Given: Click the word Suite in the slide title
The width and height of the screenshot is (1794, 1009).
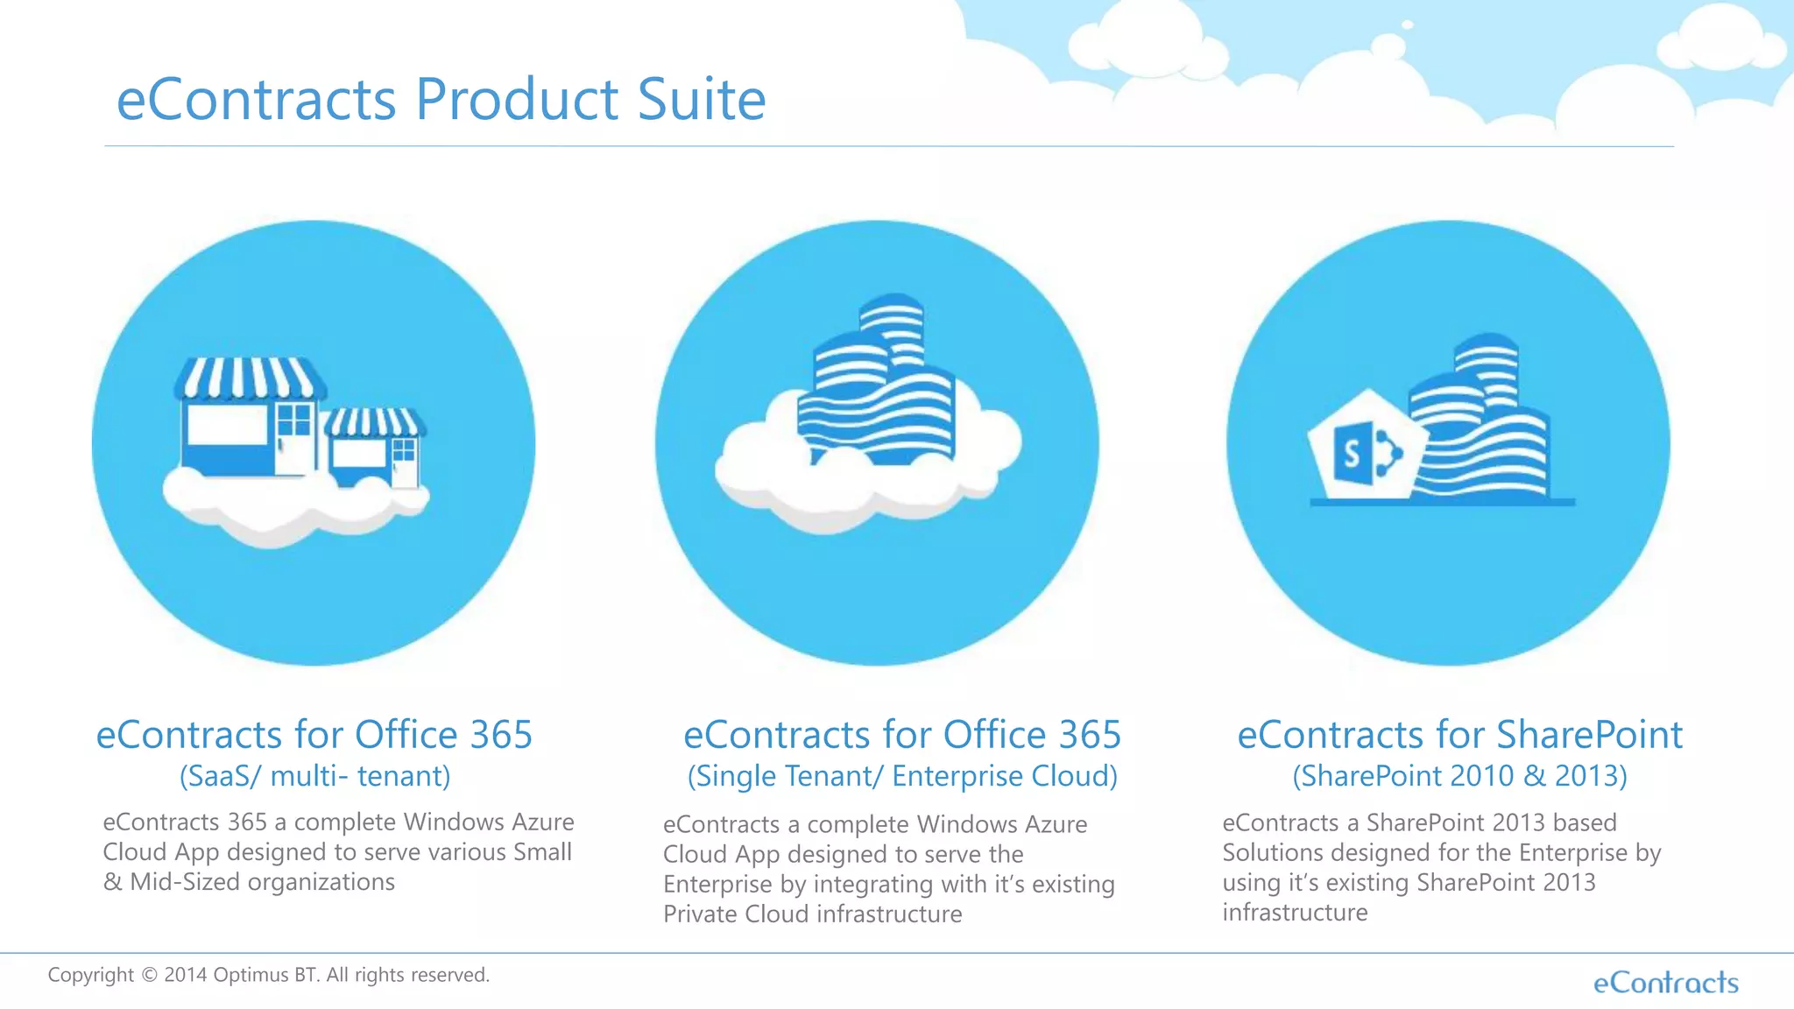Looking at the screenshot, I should click(701, 99).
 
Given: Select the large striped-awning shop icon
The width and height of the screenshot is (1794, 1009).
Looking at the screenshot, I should click(248, 416).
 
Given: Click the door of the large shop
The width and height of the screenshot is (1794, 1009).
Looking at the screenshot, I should click(295, 438).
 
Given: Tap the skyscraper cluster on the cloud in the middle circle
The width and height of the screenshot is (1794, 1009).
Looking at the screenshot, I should click(876, 385).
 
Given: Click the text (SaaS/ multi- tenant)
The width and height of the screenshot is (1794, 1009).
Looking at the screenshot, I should click(314, 776).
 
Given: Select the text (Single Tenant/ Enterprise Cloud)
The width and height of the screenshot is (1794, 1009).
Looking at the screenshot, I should click(902, 776).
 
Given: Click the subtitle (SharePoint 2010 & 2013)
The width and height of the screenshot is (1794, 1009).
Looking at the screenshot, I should click(1459, 776).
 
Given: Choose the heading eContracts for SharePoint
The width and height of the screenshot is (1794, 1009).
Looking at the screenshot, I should click(1459, 735).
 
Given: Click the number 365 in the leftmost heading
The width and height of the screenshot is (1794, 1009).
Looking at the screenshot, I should click(500, 735).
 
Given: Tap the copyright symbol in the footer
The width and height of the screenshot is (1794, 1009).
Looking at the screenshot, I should click(149, 975).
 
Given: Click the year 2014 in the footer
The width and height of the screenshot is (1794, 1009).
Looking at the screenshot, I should click(185, 975).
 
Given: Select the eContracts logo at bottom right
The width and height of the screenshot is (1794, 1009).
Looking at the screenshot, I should click(1665, 983).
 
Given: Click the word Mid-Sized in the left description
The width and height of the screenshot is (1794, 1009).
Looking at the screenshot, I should click(184, 882).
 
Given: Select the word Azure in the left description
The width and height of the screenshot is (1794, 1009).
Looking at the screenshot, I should click(542, 822).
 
